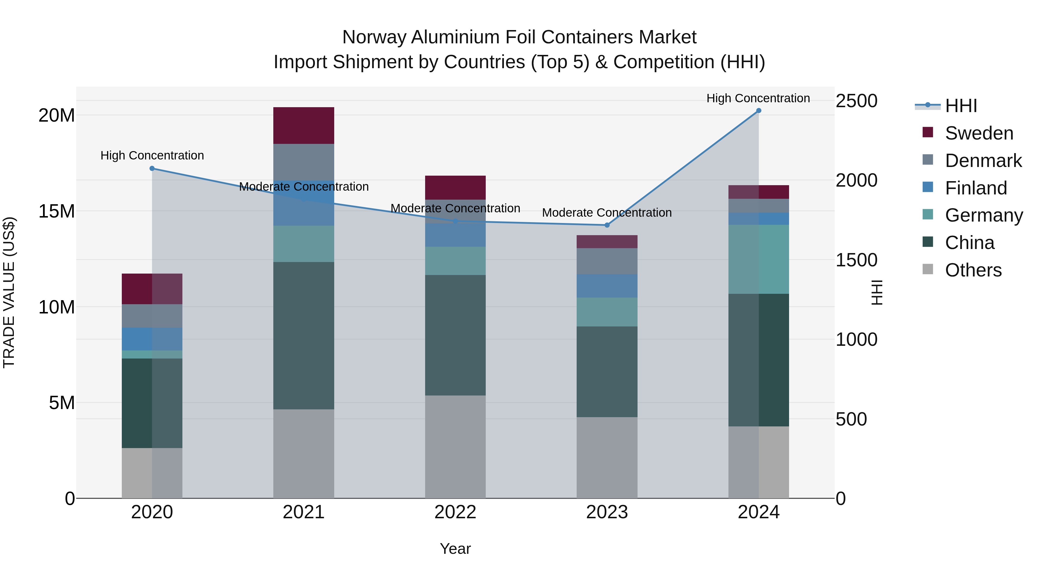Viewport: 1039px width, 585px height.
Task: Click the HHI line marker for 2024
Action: coord(758,111)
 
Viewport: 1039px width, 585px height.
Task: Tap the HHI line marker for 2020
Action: coord(152,168)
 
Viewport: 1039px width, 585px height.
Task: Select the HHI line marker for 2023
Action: coord(607,225)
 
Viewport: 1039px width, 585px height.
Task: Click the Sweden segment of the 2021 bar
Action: coord(303,126)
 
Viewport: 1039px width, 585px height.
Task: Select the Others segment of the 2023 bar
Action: coord(607,457)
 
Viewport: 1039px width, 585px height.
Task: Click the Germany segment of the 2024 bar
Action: coord(758,259)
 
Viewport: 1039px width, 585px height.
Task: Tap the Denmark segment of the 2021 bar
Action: coord(303,162)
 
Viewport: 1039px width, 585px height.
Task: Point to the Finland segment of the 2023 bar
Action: coord(607,286)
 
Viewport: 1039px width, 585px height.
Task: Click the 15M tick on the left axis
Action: coord(57,211)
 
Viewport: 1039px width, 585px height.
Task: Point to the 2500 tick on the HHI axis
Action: coord(856,101)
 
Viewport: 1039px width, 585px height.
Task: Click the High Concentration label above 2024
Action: coord(758,98)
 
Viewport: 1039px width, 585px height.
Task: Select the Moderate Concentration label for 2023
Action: coord(607,212)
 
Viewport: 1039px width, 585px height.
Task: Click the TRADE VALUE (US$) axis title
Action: coord(9,292)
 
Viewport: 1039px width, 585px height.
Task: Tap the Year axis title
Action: coord(455,549)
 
